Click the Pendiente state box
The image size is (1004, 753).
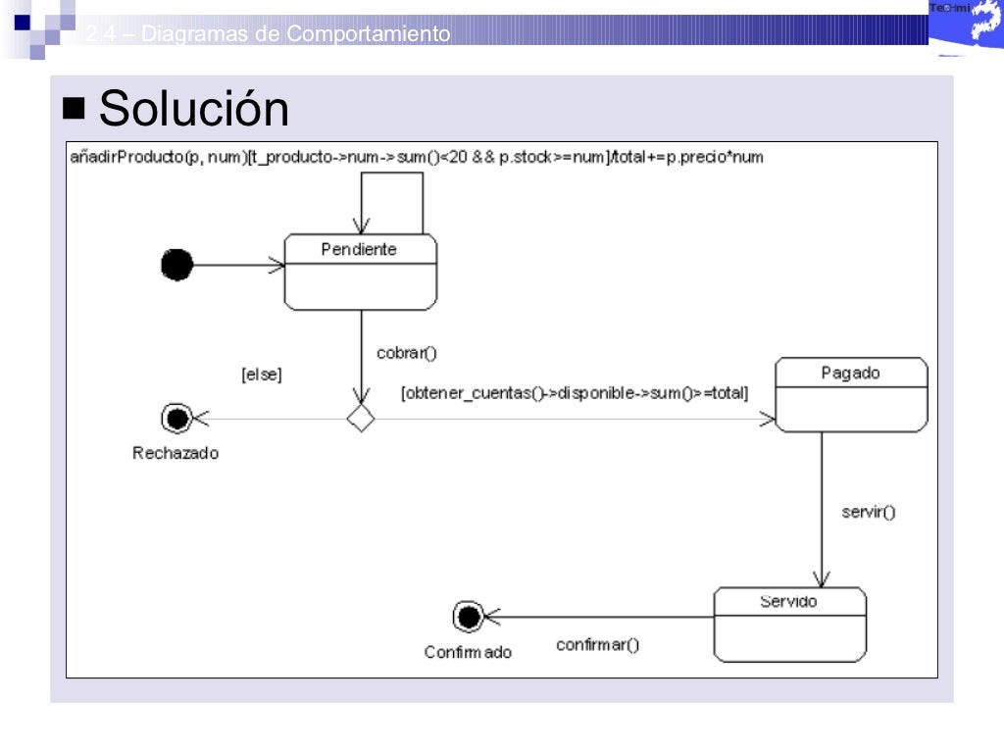360,272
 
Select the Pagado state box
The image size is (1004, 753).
851,394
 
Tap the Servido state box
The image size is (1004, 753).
789,625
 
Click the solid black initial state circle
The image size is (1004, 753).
176,264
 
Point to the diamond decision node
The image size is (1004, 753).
361,419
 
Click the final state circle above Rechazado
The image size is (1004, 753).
176,419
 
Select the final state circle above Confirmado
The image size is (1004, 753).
469,617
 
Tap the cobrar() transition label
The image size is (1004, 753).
406,353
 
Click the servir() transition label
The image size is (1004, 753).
868,511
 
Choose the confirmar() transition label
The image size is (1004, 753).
597,644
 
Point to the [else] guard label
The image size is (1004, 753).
261,374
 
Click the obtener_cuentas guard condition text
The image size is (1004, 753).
575,393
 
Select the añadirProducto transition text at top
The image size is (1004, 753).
417,156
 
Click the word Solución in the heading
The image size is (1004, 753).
194,109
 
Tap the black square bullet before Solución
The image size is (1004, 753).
74,107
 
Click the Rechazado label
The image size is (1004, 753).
176,453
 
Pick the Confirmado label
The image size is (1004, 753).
468,652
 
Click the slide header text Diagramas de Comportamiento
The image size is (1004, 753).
268,34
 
